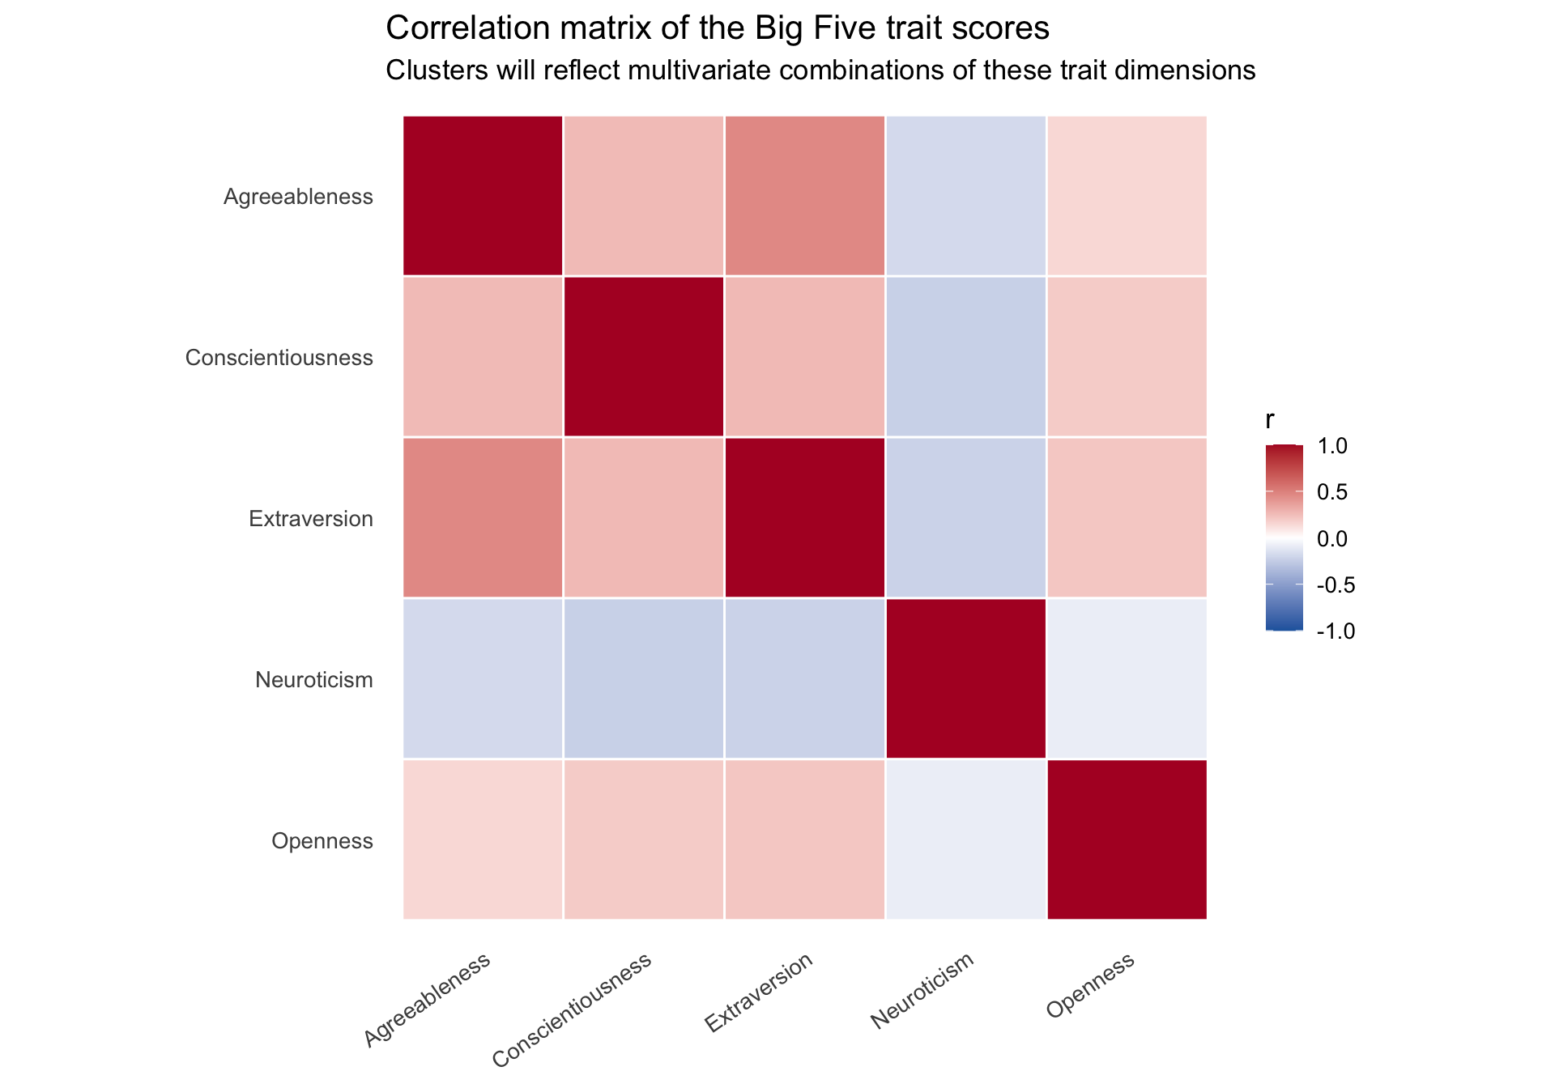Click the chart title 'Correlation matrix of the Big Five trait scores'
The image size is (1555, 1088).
[x=718, y=29]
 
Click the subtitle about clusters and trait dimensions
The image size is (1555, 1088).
[x=820, y=71]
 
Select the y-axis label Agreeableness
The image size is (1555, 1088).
[x=298, y=197]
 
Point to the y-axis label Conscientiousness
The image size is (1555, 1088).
[x=279, y=358]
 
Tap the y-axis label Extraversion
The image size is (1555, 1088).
[x=311, y=519]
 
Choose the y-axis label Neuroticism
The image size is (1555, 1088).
[x=314, y=680]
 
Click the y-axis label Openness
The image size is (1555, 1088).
[x=322, y=842]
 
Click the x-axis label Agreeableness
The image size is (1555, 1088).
[x=428, y=1000]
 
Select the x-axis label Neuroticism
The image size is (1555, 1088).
[x=922, y=992]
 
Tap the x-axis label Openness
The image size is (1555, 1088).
[x=1091, y=985]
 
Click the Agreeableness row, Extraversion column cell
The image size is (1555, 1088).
[x=805, y=196]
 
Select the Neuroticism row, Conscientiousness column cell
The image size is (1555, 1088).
[x=644, y=679]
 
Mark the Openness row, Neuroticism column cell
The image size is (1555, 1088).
[x=966, y=840]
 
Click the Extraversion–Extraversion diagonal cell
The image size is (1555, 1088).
[x=805, y=518]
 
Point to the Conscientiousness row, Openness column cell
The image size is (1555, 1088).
[x=1127, y=357]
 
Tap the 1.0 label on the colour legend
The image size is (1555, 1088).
[x=1331, y=446]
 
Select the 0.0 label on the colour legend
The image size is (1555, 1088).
[x=1331, y=538]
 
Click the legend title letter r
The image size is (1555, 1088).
[x=1270, y=420]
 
